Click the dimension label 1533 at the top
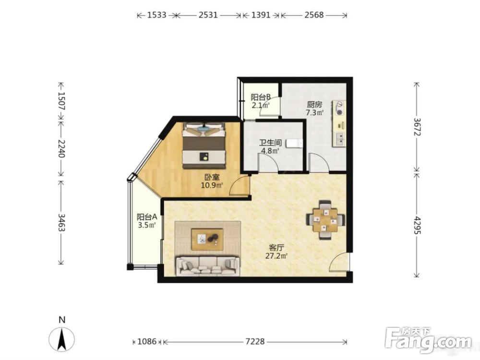pyautogui.click(x=157, y=15)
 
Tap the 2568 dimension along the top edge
pyautogui.click(x=314, y=15)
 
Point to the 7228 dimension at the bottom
pyautogui.click(x=255, y=341)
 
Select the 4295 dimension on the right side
pyautogui.click(x=417, y=226)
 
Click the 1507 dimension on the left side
pyautogui.click(x=61, y=101)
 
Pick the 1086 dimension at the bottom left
pyautogui.click(x=147, y=341)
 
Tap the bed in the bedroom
pyautogui.click(x=204, y=145)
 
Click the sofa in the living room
pyautogui.click(x=207, y=266)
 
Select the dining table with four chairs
pyautogui.click(x=326, y=219)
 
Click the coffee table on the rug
pyautogui.click(x=207, y=239)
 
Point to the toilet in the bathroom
pyautogui.click(x=294, y=144)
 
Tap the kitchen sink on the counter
pyautogui.click(x=340, y=139)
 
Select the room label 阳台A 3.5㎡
pyautogui.click(x=147, y=221)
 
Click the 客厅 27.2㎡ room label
pyautogui.click(x=276, y=252)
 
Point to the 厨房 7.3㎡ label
pyautogui.click(x=315, y=108)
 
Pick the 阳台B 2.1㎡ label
pyautogui.click(x=261, y=101)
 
